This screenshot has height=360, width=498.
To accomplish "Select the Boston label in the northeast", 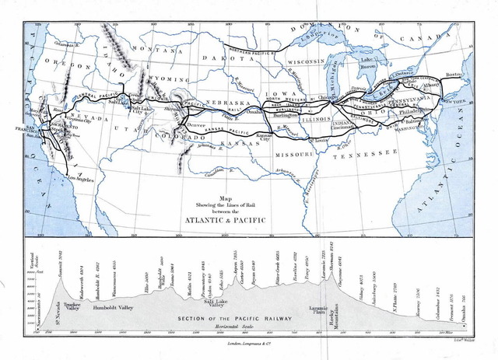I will (454, 75).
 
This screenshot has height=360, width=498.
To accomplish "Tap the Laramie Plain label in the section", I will (318, 310).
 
